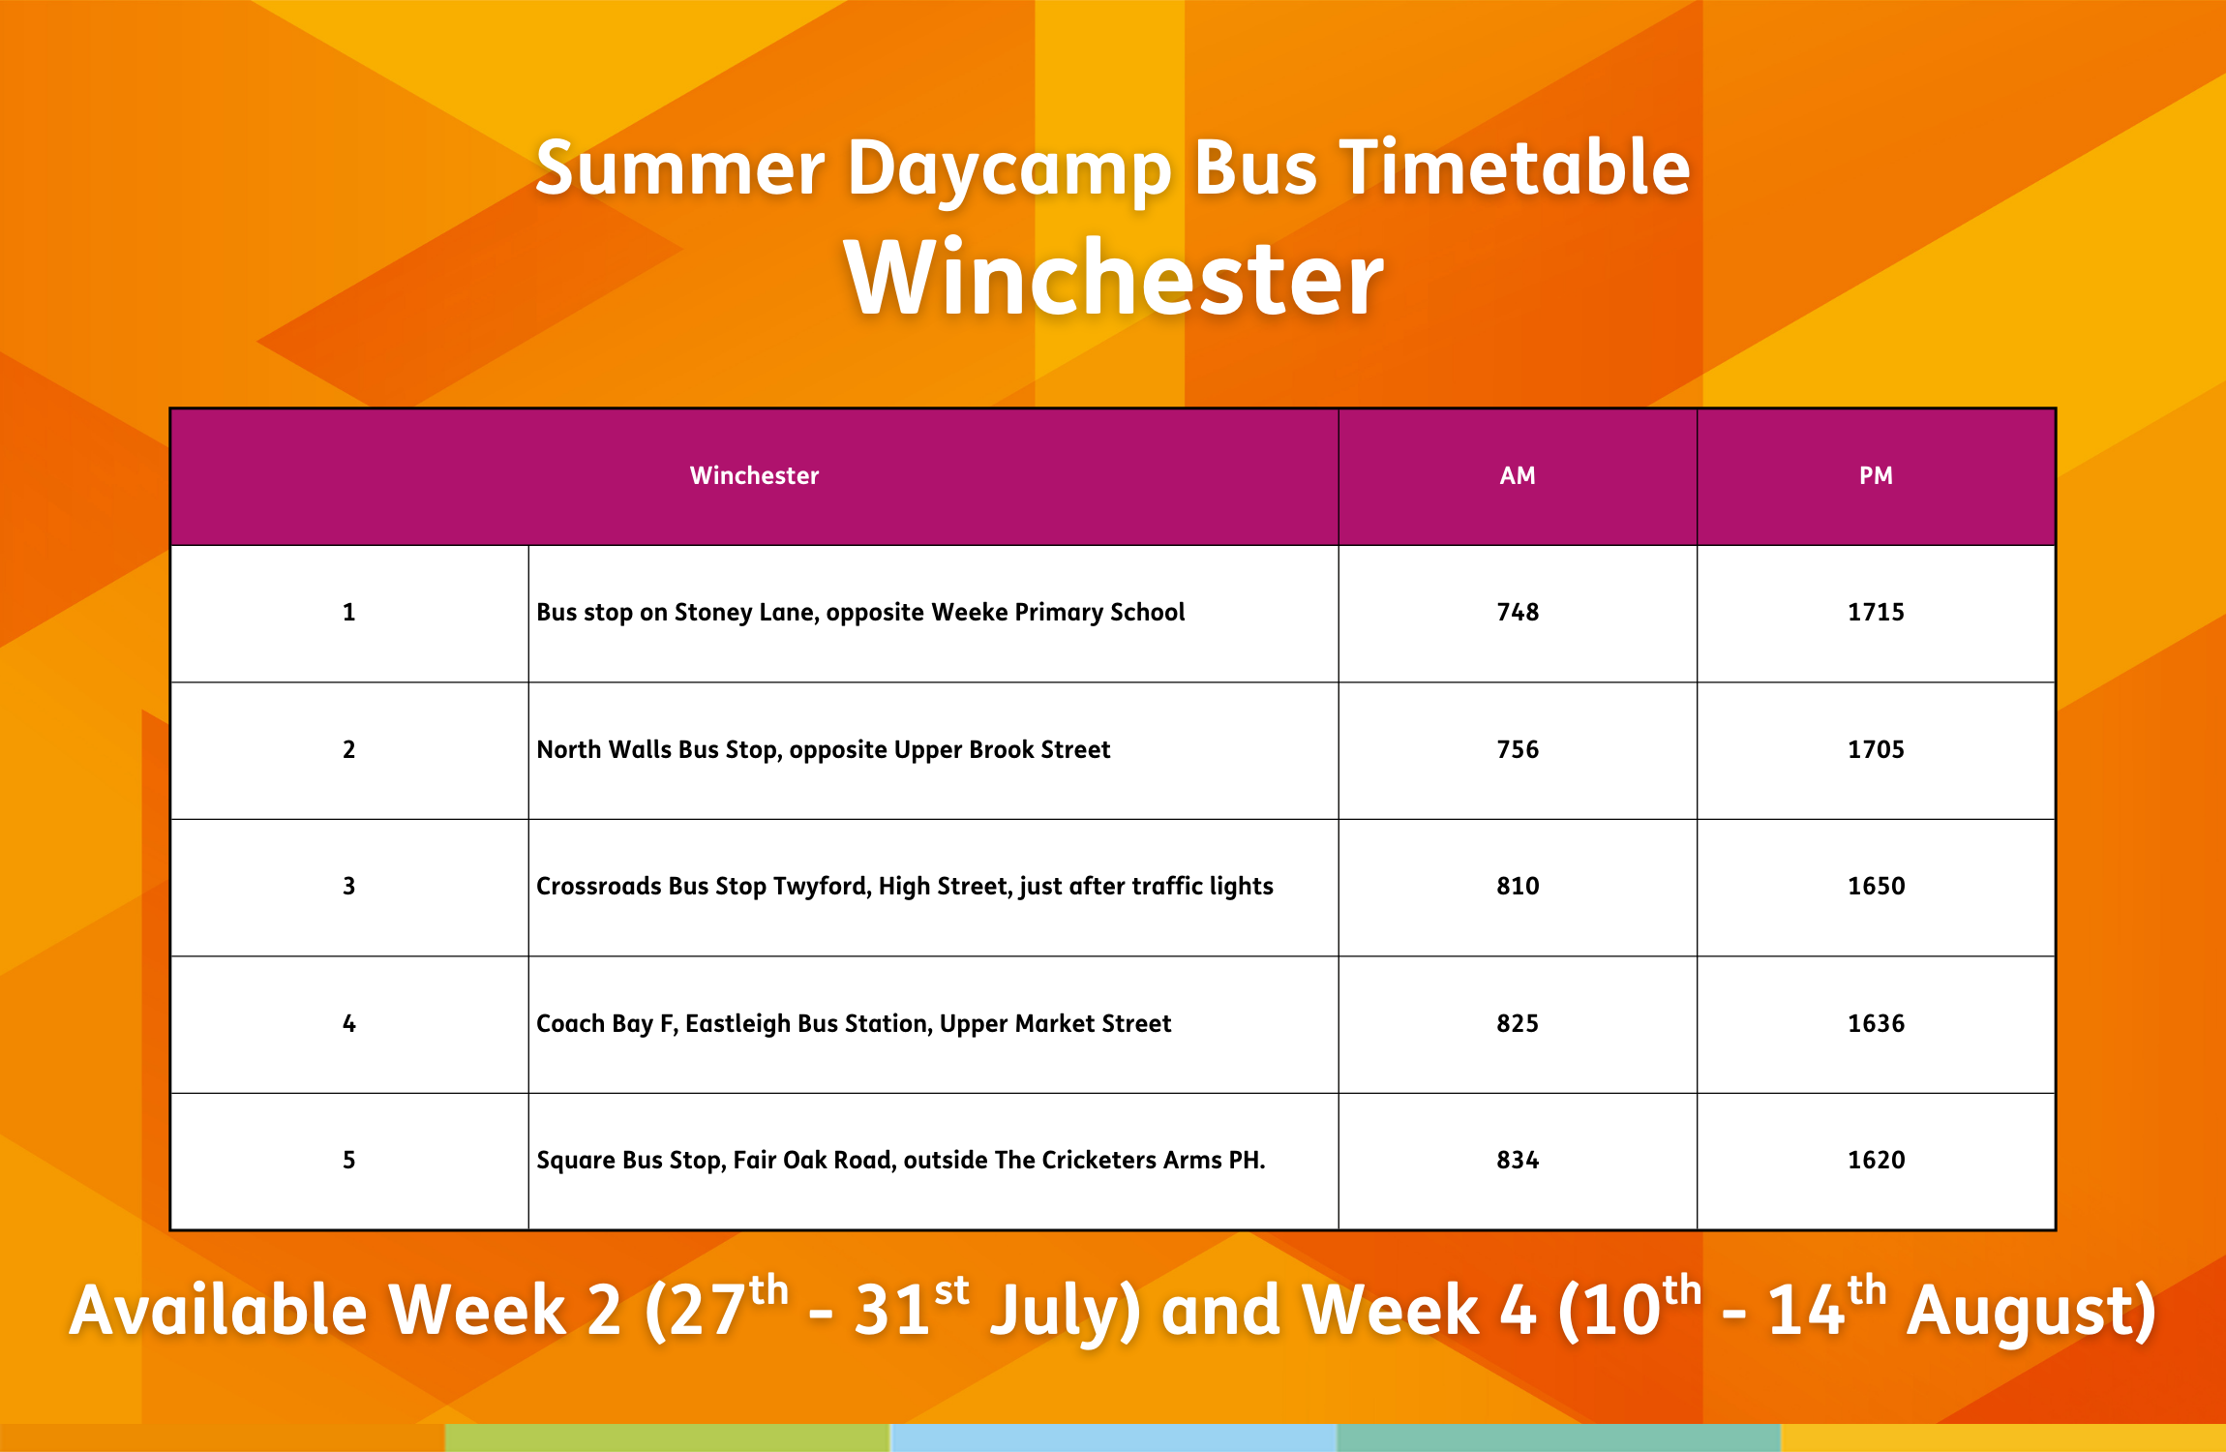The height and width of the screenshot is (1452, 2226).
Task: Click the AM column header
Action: coord(1517,475)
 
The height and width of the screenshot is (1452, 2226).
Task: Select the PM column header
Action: coord(1876,475)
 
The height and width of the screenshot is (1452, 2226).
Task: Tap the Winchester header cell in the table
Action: coord(754,475)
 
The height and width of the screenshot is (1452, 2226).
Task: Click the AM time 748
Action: coord(1518,612)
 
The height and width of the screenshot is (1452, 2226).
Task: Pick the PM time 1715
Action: coord(1876,612)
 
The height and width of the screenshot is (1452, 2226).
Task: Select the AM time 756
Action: coord(1518,749)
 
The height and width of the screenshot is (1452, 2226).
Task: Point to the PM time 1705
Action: coord(1876,749)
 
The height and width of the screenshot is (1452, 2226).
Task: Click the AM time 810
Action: coord(1518,886)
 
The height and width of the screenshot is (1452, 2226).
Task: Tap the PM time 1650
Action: coord(1876,886)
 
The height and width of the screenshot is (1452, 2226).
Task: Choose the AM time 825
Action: coord(1518,1023)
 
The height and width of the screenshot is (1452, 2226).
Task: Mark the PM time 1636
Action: coord(1876,1023)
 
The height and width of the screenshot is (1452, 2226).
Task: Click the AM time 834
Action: coord(1518,1160)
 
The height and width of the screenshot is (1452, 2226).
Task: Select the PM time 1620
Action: coord(1876,1160)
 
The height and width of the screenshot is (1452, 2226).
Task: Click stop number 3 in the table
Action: coord(349,886)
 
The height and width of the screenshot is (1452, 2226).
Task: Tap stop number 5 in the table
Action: coord(349,1160)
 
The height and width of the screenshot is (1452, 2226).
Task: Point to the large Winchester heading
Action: coord(1114,279)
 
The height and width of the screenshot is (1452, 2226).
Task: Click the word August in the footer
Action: coord(2030,1311)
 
